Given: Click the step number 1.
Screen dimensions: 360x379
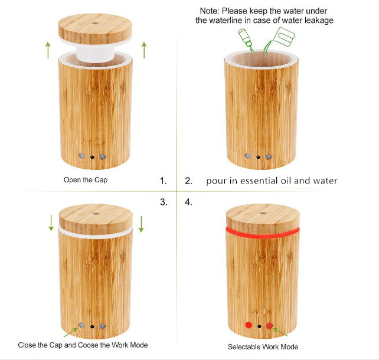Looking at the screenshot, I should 164,181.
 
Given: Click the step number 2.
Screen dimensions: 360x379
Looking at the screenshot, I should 188,181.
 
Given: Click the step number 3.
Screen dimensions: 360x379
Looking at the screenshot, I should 164,202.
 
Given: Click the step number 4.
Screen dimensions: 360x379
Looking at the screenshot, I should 188,202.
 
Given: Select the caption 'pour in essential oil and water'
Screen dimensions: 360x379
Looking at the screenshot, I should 272,181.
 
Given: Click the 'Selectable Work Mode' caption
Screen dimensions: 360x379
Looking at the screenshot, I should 263,346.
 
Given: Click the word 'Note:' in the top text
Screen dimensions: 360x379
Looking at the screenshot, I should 210,11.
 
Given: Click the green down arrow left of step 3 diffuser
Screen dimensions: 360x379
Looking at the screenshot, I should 51,223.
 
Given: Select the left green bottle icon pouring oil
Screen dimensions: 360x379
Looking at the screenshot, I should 246,38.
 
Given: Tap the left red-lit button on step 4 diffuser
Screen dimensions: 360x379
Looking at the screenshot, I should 249,325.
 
